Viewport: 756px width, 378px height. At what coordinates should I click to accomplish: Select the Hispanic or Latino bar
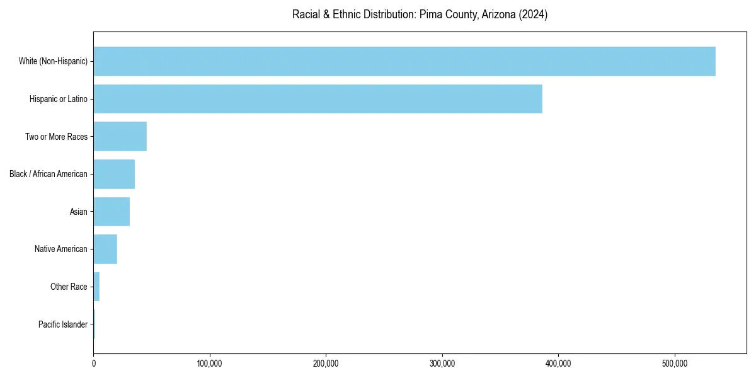[318, 99]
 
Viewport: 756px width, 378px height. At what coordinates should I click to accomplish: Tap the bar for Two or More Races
[120, 137]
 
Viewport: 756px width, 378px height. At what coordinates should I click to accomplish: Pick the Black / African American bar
[114, 174]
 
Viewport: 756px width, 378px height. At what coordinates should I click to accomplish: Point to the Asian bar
[112, 212]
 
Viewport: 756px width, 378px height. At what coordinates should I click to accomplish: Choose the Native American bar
[105, 249]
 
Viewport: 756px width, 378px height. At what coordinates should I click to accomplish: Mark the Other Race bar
[96, 287]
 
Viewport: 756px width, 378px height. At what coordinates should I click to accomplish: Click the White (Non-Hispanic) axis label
[53, 61]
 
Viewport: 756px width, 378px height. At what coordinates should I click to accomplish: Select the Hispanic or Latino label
[59, 99]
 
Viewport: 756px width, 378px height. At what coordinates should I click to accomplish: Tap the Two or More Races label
[56, 137]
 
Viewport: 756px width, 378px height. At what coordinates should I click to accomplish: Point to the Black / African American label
[49, 174]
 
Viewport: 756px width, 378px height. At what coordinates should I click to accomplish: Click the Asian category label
[79, 212]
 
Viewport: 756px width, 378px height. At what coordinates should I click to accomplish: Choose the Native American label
[61, 249]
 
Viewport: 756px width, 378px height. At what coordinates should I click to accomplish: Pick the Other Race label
[69, 287]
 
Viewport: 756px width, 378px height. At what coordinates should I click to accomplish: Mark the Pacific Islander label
[63, 324]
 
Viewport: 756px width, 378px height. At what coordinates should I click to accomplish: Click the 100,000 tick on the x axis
[210, 364]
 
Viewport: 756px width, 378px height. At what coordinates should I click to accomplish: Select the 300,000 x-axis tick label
[442, 364]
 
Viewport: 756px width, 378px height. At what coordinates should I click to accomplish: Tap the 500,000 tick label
[675, 364]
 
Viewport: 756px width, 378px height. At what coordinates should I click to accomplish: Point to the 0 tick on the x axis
[94, 364]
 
